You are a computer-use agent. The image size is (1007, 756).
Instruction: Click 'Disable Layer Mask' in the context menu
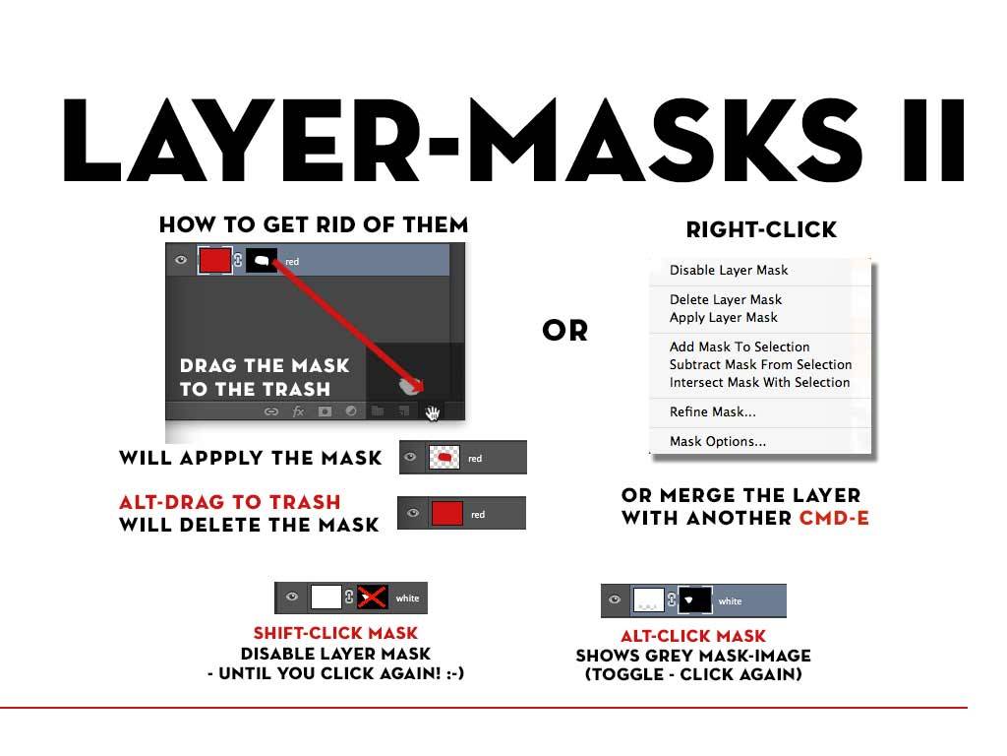[x=729, y=270]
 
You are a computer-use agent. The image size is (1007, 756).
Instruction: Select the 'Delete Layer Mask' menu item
[x=726, y=299]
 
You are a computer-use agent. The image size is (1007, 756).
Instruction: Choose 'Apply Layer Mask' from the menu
[x=723, y=318]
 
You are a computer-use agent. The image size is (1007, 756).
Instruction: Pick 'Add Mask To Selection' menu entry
[x=740, y=346]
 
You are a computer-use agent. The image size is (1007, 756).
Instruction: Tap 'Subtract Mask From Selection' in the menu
[x=760, y=364]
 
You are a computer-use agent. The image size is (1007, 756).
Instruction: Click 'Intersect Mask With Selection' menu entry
[x=760, y=383]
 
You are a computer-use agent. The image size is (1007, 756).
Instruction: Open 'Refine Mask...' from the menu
[x=712, y=411]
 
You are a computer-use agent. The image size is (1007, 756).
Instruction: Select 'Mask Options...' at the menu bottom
[x=717, y=441]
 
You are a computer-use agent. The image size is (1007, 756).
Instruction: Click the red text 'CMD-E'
[x=834, y=518]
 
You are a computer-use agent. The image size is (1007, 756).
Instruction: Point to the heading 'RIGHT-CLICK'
[x=761, y=229]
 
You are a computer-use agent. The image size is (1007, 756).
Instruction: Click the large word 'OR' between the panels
[x=565, y=331]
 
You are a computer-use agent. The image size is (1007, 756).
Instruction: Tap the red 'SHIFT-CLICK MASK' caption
[x=335, y=633]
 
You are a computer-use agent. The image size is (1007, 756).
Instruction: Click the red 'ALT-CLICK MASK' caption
[x=693, y=636]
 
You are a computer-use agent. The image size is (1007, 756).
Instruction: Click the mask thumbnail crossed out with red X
[x=372, y=598]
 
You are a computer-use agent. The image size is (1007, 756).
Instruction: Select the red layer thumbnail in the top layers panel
[x=214, y=260]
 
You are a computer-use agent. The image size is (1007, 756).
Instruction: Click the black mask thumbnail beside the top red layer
[x=262, y=260]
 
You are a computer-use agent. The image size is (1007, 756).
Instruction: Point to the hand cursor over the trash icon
[x=433, y=412]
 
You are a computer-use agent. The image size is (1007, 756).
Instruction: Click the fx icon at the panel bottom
[x=298, y=411]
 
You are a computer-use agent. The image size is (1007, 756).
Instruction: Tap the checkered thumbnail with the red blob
[x=444, y=458]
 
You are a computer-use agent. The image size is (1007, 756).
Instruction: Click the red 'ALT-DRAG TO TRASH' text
[x=230, y=502]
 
